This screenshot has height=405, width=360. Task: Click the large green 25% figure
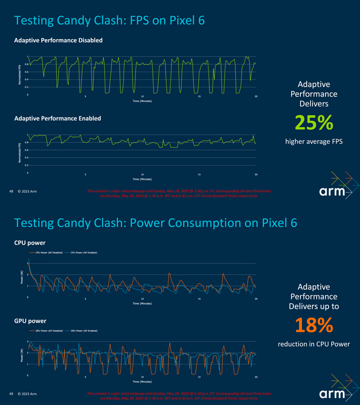(x=314, y=123)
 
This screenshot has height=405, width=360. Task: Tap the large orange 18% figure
(x=314, y=325)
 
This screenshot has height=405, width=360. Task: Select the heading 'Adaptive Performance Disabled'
(x=58, y=40)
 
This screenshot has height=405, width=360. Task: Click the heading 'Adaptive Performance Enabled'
(x=57, y=118)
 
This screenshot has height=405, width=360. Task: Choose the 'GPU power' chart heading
(x=31, y=321)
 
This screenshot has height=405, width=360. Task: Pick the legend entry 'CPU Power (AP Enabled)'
(x=84, y=253)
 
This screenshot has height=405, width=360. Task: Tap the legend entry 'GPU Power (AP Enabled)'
(x=84, y=331)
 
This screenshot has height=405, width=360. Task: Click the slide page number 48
(x=12, y=192)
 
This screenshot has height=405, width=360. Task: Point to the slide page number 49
(x=12, y=394)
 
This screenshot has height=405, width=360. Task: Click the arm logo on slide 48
(x=333, y=192)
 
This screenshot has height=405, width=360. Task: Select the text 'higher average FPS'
(x=314, y=141)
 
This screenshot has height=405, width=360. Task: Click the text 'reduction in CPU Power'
(x=314, y=344)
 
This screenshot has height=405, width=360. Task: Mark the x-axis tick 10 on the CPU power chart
(x=142, y=299)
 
